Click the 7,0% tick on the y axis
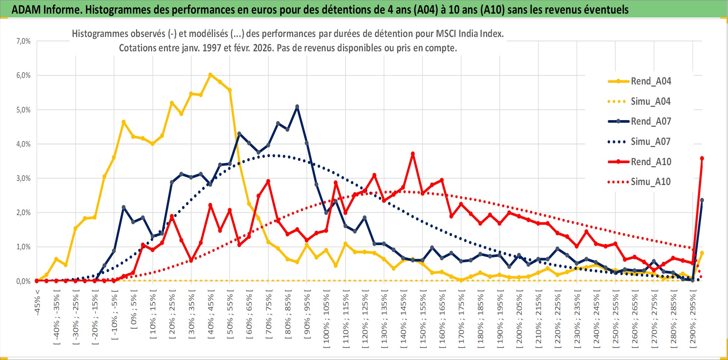pos(23,41)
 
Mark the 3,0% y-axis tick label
pos(23,178)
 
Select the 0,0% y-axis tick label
pos(23,281)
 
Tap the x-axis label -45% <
pos(37,302)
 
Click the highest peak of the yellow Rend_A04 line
pos(210,75)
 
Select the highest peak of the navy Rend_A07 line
pos(297,106)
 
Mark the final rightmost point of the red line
pos(702,159)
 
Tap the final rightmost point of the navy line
pos(702,200)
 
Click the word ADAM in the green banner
pos(26,9)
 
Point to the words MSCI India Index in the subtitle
pos(469,34)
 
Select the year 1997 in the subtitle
pos(212,48)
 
